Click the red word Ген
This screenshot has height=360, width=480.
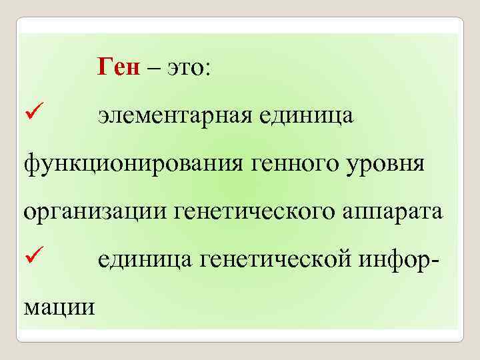tap(119, 67)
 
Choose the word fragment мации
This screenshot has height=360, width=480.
tap(59, 307)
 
